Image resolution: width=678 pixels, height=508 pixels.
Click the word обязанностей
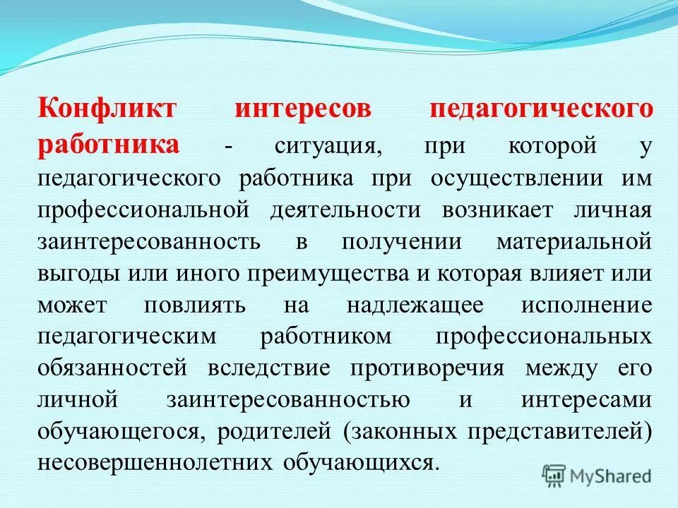click(x=113, y=368)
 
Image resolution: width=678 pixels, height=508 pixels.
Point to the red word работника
click(x=109, y=145)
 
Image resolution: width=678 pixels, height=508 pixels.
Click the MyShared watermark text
click(x=612, y=476)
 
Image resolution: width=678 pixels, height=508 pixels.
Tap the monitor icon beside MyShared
click(x=554, y=476)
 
